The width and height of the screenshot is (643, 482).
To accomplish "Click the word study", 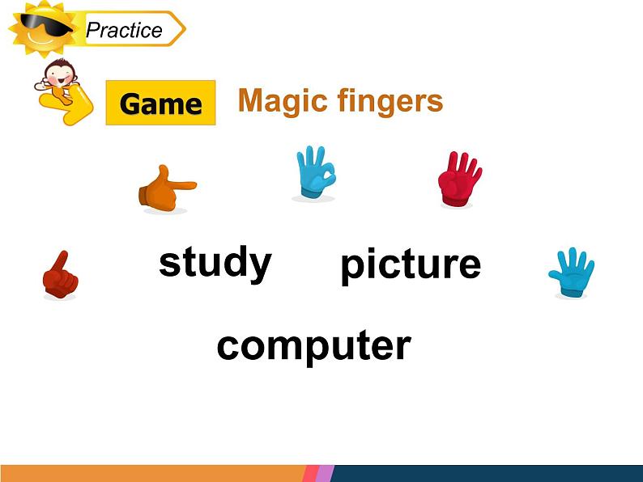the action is pyautogui.click(x=215, y=264).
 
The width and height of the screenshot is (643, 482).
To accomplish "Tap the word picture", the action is pyautogui.click(x=411, y=266).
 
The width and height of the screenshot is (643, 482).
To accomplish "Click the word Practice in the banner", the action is pyautogui.click(x=124, y=30).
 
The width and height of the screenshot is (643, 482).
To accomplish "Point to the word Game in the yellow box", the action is pyautogui.click(x=160, y=104).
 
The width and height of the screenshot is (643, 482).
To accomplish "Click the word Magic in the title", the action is pyautogui.click(x=283, y=101).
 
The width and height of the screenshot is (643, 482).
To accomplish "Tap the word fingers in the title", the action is pyautogui.click(x=390, y=101).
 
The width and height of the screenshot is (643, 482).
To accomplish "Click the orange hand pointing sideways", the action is pyautogui.click(x=166, y=189).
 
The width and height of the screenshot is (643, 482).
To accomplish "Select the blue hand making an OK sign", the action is pyautogui.click(x=315, y=172).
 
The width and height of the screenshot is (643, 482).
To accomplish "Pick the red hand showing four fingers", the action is pyautogui.click(x=459, y=179).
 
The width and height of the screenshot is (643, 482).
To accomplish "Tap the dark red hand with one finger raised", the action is pyautogui.click(x=60, y=275).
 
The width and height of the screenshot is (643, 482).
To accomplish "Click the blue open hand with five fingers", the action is pyautogui.click(x=572, y=272).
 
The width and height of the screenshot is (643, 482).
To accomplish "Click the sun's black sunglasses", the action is pyautogui.click(x=45, y=23).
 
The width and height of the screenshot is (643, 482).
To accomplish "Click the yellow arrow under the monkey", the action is pyautogui.click(x=68, y=105).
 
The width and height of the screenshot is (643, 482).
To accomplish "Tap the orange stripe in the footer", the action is pyautogui.click(x=152, y=473).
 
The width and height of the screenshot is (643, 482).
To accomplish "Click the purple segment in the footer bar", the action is pyautogui.click(x=325, y=473).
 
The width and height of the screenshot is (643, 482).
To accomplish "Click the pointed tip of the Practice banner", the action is pyautogui.click(x=185, y=28).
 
